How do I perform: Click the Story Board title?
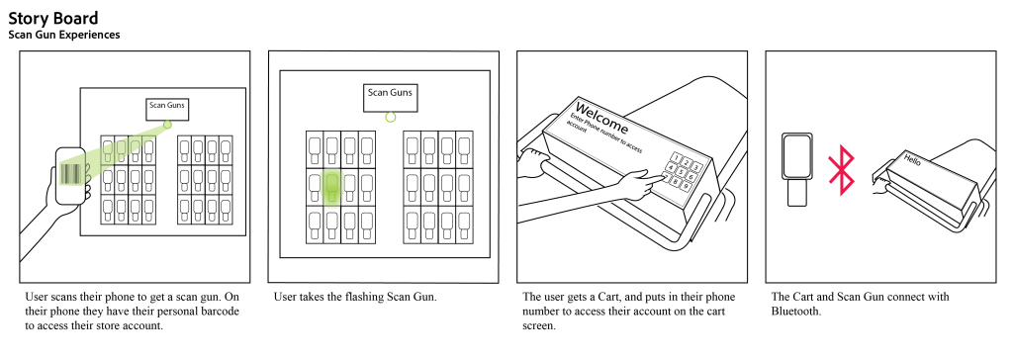(53, 18)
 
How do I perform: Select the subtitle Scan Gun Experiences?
(64, 35)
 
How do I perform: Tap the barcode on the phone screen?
(70, 174)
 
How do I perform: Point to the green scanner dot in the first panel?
(167, 124)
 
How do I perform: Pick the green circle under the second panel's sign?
(390, 117)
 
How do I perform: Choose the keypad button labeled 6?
(691, 177)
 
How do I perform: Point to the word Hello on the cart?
(911, 159)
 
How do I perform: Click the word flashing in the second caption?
(362, 298)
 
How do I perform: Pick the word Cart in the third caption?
(608, 297)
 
